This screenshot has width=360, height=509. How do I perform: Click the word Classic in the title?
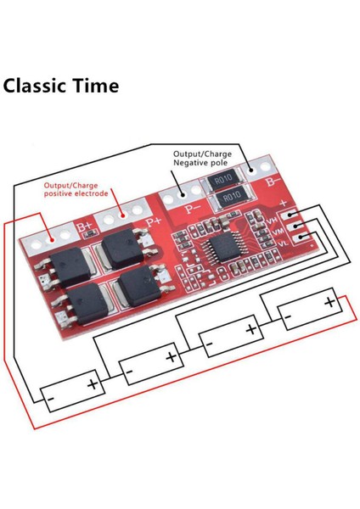[x=43, y=87]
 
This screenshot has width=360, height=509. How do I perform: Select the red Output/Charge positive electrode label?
[x=77, y=190]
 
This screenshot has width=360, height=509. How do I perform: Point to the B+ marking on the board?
[x=84, y=227]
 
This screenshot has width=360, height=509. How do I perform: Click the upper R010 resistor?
[x=223, y=179]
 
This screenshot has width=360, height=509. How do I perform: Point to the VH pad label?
[x=273, y=221]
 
